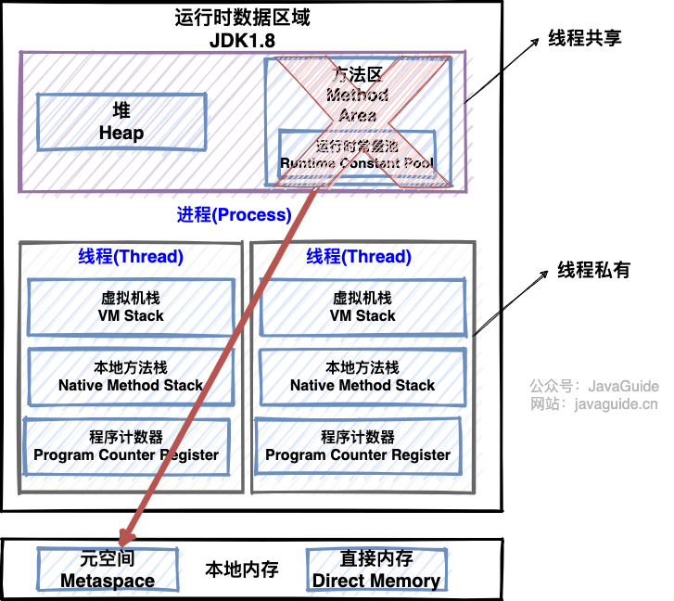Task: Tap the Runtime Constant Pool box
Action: click(357, 154)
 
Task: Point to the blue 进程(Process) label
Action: click(234, 214)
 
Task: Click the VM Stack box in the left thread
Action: click(131, 307)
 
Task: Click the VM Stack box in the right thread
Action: click(362, 307)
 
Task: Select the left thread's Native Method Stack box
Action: click(131, 377)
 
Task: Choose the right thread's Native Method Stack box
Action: click(362, 377)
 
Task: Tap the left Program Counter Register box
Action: click(126, 446)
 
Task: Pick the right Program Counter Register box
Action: click(358, 446)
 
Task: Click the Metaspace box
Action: click(108, 569)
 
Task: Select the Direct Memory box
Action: click(375, 569)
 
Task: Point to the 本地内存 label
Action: click(242, 569)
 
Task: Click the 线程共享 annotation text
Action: click(584, 38)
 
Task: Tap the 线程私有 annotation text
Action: click(593, 270)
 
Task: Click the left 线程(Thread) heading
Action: click(131, 257)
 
